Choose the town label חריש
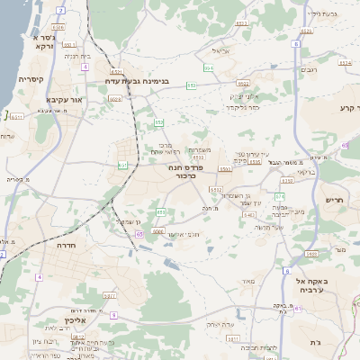tap(335, 200)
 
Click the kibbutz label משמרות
tap(201, 150)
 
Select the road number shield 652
tap(157, 122)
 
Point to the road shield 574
tap(280, 195)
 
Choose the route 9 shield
tap(113, 314)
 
